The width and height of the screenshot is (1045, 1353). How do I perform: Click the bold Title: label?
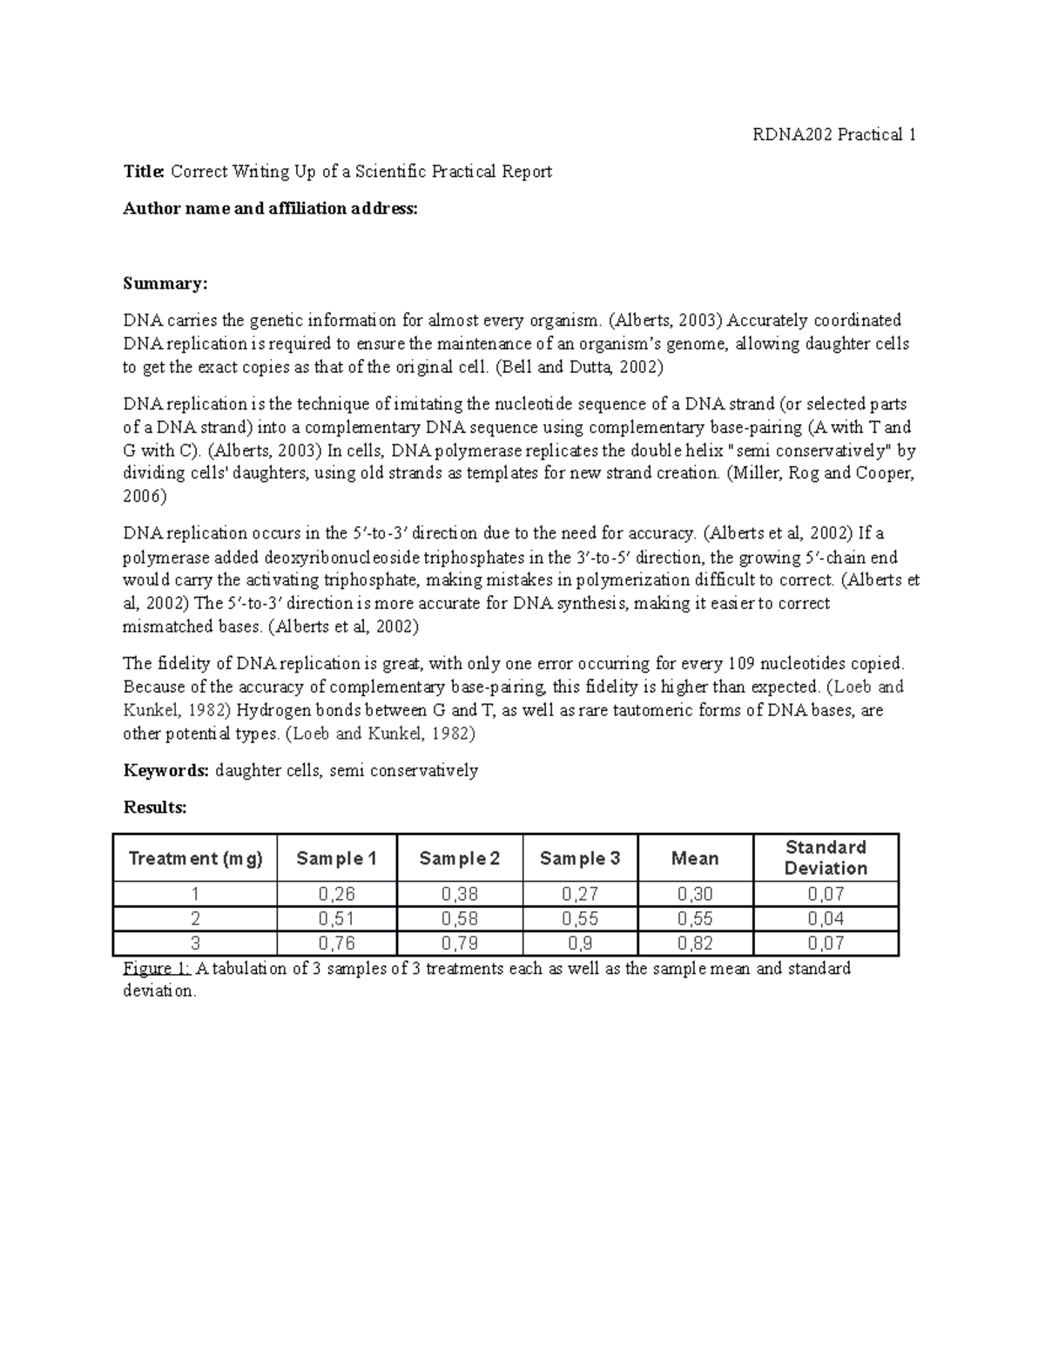(144, 172)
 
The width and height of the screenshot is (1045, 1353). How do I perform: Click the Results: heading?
(155, 808)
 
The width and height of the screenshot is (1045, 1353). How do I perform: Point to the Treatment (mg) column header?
(195, 858)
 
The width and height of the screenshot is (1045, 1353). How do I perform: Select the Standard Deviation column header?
(825, 857)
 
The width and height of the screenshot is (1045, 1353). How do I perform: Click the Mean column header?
(694, 858)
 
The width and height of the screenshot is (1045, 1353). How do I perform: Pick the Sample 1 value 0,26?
(336, 894)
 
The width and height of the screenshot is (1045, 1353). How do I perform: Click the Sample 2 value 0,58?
(459, 918)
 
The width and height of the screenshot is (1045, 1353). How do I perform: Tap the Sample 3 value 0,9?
(579, 943)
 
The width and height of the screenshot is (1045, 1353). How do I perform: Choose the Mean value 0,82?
(694, 943)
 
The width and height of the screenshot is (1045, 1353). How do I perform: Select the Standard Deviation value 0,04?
(825, 918)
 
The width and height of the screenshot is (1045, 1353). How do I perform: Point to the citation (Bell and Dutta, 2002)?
(578, 367)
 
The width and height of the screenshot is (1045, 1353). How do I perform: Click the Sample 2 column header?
(459, 858)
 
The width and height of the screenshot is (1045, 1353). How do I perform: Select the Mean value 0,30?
(694, 894)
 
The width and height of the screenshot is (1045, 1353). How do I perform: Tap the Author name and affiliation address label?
(270, 208)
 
